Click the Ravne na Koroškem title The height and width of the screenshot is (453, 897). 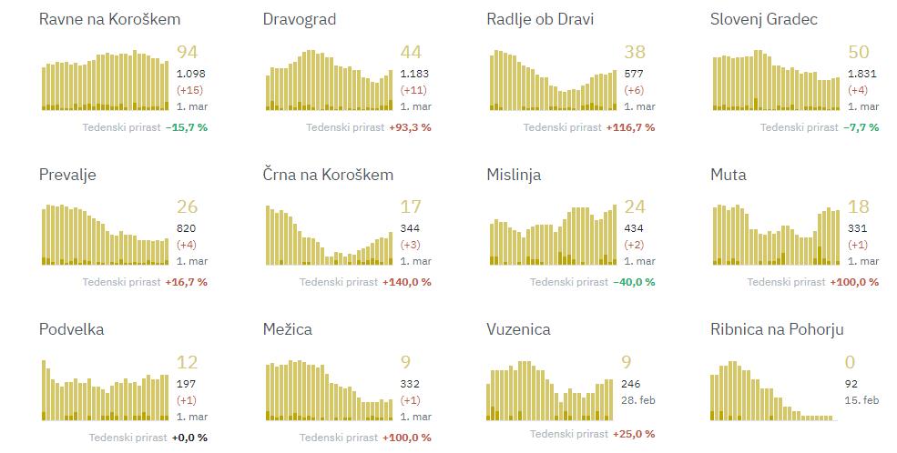pos(109,19)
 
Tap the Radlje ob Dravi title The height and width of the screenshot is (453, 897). pos(540,19)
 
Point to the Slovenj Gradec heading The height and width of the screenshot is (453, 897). pos(764,19)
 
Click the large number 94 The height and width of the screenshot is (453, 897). pos(187,53)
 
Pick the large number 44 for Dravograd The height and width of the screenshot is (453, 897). pos(411,53)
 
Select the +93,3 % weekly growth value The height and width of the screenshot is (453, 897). pos(410,127)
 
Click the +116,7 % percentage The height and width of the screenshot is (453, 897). pos(630,127)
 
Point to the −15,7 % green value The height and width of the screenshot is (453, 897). pos(187,127)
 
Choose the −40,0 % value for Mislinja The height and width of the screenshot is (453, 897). pos(633,282)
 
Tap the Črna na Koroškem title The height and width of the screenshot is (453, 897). pos(328,175)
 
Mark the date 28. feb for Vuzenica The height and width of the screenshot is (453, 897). pos(639,400)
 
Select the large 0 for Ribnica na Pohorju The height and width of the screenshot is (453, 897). pos(851,363)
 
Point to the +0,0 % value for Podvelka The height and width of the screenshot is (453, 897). pos(189,438)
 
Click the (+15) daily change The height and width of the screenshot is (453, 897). pos(189,90)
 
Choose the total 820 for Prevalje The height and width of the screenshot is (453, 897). pos(186,228)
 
